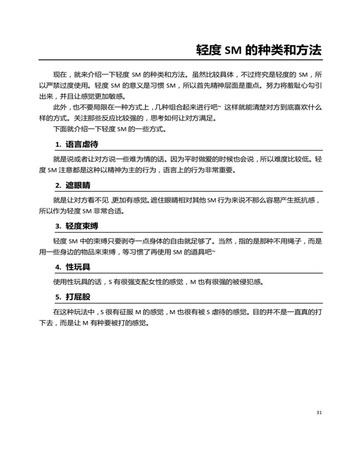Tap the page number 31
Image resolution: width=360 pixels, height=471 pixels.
point(318,412)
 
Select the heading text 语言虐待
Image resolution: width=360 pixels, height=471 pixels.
point(81,145)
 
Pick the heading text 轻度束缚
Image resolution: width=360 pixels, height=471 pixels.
point(81,226)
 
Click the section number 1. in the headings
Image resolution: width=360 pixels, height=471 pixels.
point(58,145)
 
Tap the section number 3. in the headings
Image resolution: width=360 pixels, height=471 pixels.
point(58,226)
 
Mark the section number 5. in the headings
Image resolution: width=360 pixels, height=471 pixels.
point(58,296)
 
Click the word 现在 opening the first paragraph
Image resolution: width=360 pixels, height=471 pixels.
point(59,74)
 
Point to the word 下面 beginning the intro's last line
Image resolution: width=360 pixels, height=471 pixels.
point(59,130)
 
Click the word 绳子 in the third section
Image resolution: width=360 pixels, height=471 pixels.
point(295,241)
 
